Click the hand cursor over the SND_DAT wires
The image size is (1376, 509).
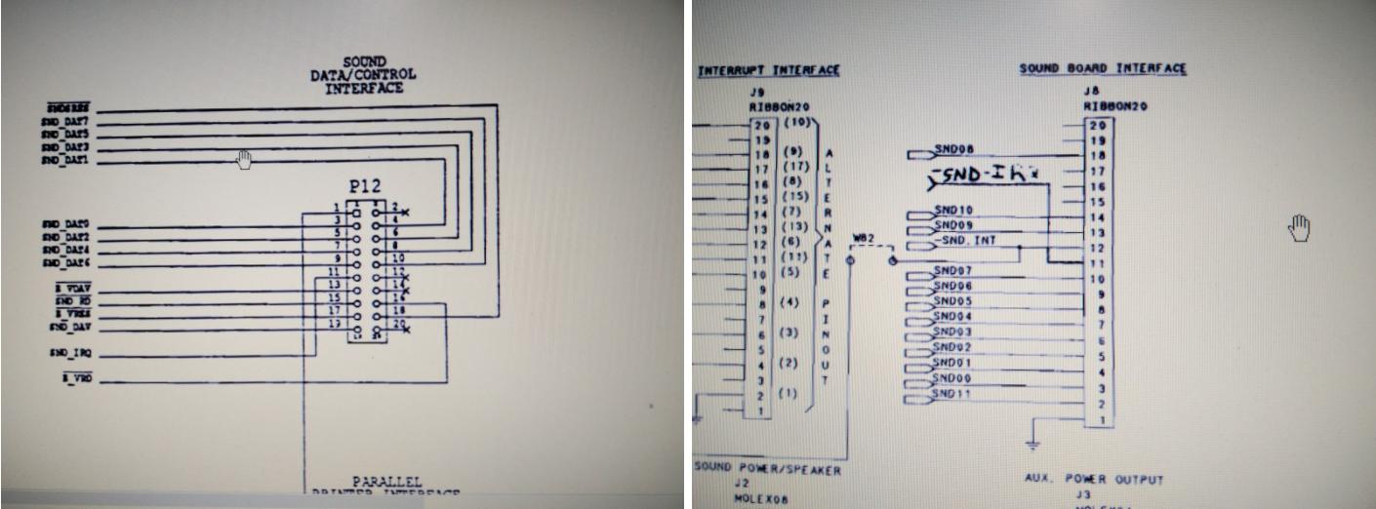pyautogui.click(x=244, y=159)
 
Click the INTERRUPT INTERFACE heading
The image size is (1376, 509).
pyautogui.click(x=769, y=71)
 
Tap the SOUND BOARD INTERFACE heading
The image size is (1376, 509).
pyautogui.click(x=1103, y=69)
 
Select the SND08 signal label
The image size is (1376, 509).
pyautogui.click(x=952, y=150)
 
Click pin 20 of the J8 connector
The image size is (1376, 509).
pyautogui.click(x=1099, y=125)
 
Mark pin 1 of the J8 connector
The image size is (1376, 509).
pyautogui.click(x=1099, y=420)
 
